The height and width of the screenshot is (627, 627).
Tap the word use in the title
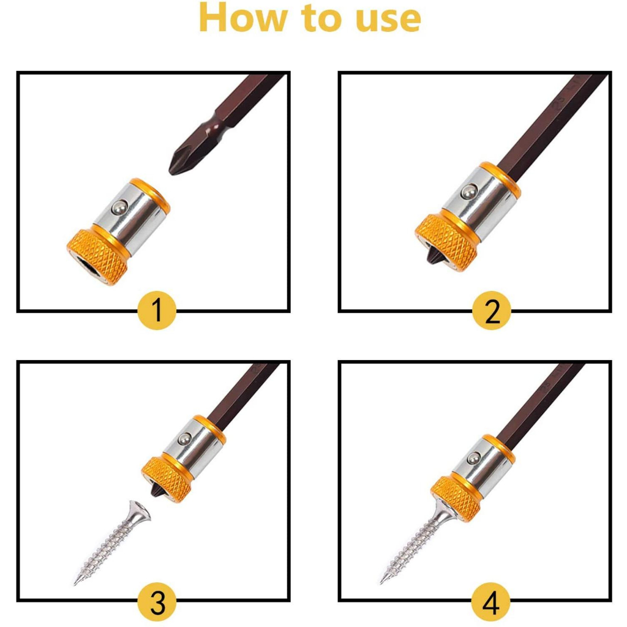pyautogui.click(x=388, y=21)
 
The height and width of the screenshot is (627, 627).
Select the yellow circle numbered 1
pyautogui.click(x=157, y=310)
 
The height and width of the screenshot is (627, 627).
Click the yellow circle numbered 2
pyautogui.click(x=492, y=310)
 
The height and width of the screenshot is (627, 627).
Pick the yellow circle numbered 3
pyautogui.click(x=157, y=602)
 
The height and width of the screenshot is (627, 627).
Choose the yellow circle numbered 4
pyautogui.click(x=492, y=602)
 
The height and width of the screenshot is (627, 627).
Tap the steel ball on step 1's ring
pyautogui.click(x=118, y=207)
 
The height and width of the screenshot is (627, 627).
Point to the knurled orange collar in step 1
pyautogui.click(x=91, y=256)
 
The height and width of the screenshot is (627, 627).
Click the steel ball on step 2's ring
pyautogui.click(x=468, y=192)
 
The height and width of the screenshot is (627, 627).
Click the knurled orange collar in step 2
pyautogui.click(x=446, y=242)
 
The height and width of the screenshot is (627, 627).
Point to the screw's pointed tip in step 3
pyautogui.click(x=75, y=584)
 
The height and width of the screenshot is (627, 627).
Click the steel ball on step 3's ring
pyautogui.click(x=184, y=439)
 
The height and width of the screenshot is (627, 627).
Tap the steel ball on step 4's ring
pyautogui.click(x=473, y=458)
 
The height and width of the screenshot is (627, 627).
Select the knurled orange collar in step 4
pyautogui.click(x=456, y=499)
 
